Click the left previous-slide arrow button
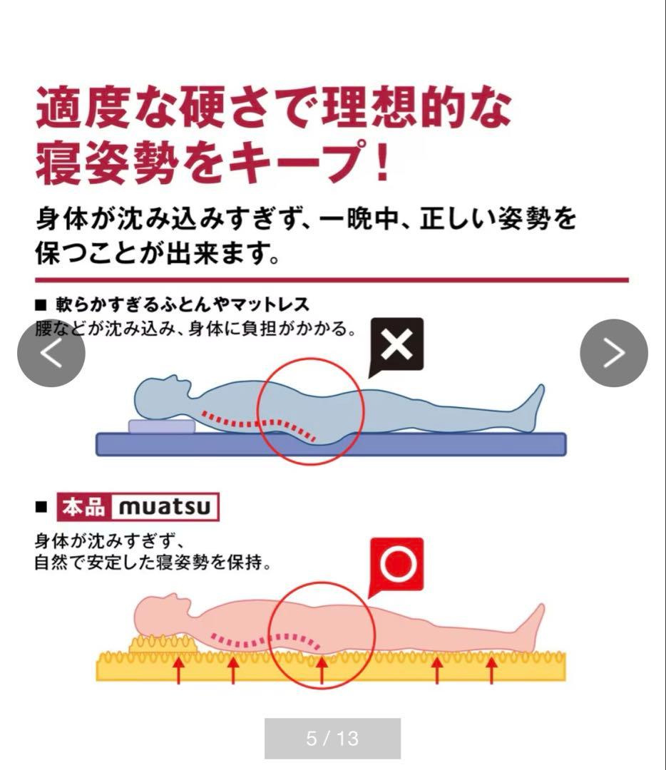(51, 353)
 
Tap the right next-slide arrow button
(614, 353)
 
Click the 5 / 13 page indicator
(332, 738)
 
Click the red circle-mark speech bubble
(397, 564)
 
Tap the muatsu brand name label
(165, 507)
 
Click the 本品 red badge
(84, 507)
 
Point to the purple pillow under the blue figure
(162, 426)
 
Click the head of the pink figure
(162, 614)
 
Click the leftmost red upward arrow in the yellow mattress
(178, 670)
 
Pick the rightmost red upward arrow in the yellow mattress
(491, 670)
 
